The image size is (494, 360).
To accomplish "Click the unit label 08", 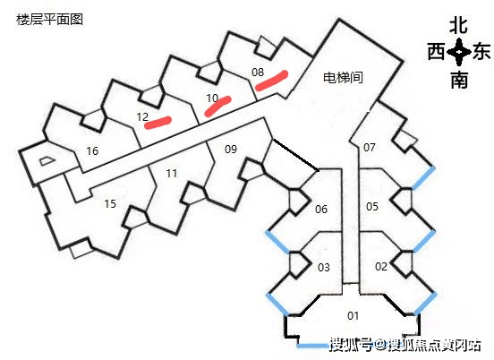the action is [x=258, y=73].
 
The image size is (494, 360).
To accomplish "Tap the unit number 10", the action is [x=212, y=98].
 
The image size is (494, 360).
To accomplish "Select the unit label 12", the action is [x=142, y=117].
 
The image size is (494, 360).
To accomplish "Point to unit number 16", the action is [x=92, y=150].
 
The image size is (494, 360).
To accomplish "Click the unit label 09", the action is [x=231, y=149].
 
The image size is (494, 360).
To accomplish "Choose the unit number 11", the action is [x=172, y=173].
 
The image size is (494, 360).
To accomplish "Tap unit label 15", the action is [x=110, y=203].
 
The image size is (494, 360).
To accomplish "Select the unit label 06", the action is [x=321, y=209].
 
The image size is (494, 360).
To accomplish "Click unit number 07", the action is [x=370, y=147].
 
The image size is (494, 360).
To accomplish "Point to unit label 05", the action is [x=371, y=207].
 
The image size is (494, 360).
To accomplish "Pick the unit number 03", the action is [x=324, y=268].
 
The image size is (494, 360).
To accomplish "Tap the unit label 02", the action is [x=381, y=266].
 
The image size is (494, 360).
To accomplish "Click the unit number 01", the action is [x=353, y=315].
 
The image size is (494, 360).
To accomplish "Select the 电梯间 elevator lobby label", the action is [x=343, y=77].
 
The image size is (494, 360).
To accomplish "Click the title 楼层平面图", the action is [x=49, y=20].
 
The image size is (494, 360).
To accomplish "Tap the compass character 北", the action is [x=458, y=26].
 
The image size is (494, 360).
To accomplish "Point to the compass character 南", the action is [x=459, y=80].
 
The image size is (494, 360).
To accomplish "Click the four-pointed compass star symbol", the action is [x=459, y=52].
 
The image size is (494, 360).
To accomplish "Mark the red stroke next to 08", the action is [x=271, y=81].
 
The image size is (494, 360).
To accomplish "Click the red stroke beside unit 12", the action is [x=158, y=123].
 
